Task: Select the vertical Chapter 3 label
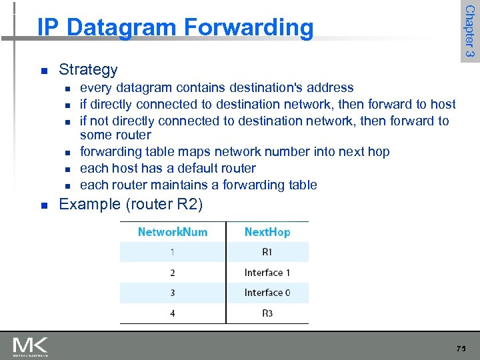(x=469, y=31)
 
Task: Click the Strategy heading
(x=88, y=69)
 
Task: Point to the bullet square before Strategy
(x=43, y=70)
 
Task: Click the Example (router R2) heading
(x=131, y=204)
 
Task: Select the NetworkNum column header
(x=173, y=232)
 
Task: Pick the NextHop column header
(x=267, y=232)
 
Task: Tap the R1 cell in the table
(x=267, y=252)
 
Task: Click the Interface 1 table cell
(x=267, y=272)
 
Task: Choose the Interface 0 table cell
(x=267, y=293)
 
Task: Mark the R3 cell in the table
(x=267, y=313)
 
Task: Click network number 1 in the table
(x=173, y=252)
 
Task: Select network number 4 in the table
(x=173, y=313)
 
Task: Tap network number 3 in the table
(x=173, y=293)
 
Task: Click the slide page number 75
(x=461, y=349)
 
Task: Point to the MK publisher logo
(x=31, y=347)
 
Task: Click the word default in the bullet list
(x=190, y=168)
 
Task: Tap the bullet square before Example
(x=43, y=205)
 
